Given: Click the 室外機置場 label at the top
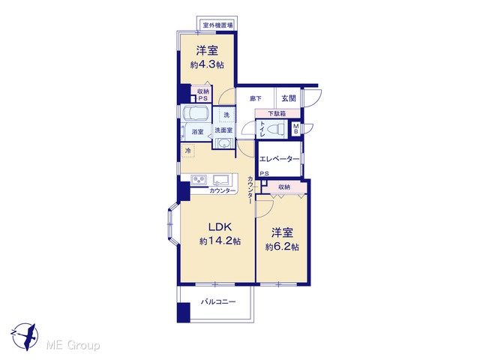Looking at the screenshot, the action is (217, 25).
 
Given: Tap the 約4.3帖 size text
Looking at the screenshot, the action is (207, 65).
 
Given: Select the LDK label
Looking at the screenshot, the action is (220, 226).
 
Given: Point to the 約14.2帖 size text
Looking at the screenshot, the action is (220, 241).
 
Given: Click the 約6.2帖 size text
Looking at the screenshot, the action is (282, 247).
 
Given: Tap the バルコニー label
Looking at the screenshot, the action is (218, 301).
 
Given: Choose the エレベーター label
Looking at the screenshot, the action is (279, 159).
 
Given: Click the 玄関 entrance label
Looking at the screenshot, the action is (289, 98).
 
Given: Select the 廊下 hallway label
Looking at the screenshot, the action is (256, 98).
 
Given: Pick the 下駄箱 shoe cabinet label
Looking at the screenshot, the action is (277, 113).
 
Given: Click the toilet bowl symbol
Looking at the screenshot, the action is (277, 128).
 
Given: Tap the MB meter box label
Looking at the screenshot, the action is (296, 128).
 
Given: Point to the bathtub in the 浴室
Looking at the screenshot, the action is (195, 114).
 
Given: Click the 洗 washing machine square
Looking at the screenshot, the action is (226, 115).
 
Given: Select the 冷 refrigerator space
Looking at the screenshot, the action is (188, 151).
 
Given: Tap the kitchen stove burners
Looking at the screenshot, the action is (199, 180).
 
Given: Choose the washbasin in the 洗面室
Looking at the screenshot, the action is (224, 143).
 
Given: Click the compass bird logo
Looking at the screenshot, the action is (25, 337).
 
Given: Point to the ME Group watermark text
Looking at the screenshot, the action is (73, 345).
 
